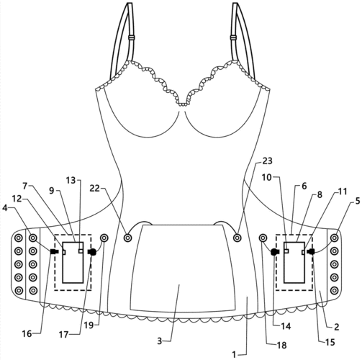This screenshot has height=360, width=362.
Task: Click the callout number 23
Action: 267,161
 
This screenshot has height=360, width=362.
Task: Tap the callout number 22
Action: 94,189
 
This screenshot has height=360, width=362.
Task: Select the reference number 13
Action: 71,180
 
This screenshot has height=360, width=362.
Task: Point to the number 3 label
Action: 160,341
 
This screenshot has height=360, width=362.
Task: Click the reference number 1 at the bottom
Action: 234,354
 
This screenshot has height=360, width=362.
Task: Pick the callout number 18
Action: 281,345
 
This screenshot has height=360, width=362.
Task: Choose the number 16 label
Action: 27,333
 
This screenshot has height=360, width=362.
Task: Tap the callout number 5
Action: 358,201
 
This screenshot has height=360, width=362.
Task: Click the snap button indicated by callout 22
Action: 128,238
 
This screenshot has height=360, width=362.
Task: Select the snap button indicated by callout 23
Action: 237,238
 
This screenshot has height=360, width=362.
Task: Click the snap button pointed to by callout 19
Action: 104,238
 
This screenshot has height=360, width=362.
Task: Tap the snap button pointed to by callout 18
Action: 263,238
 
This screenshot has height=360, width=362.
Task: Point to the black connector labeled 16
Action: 55,251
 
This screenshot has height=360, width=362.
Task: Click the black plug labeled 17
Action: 92,252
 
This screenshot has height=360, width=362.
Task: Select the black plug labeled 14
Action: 275,252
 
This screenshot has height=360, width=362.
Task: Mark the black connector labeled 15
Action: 312,252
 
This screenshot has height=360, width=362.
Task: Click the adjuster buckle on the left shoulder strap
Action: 131,37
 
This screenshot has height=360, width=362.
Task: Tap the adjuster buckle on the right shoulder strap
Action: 233,37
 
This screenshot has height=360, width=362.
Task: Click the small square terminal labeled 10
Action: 286,251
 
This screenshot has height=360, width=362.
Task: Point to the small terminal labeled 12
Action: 64,252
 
